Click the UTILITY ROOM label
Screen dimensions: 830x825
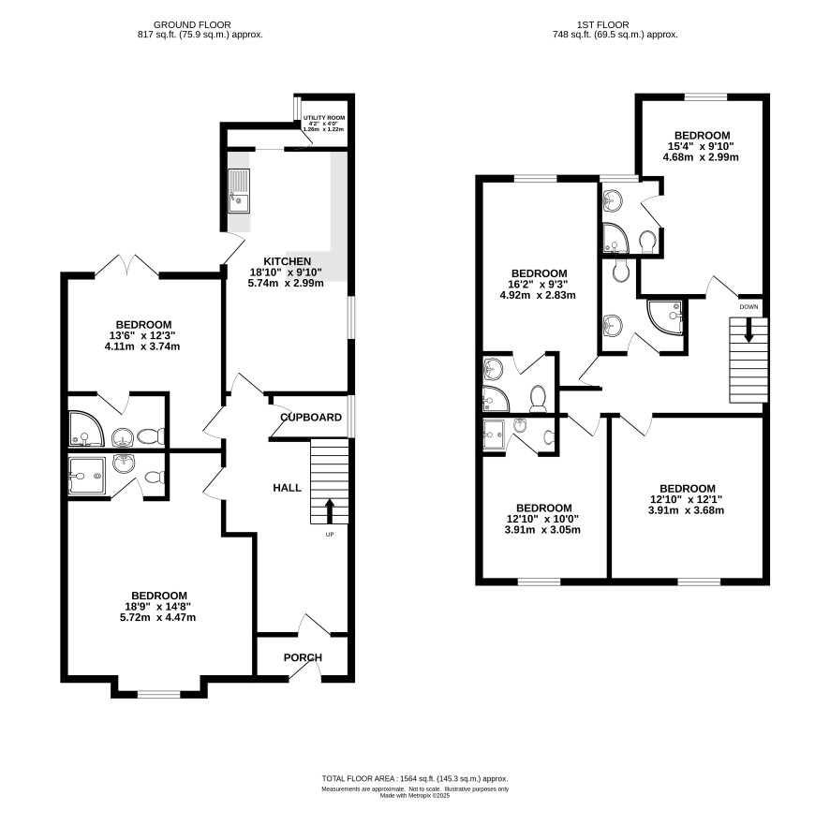click(x=324, y=117)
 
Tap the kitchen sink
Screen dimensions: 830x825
click(x=239, y=191)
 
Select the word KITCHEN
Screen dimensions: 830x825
click(x=288, y=261)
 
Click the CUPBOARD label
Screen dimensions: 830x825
click(x=311, y=418)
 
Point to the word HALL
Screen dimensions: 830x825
click(x=287, y=488)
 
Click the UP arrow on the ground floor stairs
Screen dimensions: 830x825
click(x=329, y=511)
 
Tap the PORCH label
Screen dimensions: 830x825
click(x=303, y=657)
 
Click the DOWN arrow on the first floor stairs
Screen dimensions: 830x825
click(x=748, y=331)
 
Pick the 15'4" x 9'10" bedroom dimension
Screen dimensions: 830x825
click(x=702, y=146)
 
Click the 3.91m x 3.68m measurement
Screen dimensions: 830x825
click(x=686, y=510)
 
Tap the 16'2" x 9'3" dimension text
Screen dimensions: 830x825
click(x=539, y=284)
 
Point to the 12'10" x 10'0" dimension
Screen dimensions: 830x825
click(x=542, y=519)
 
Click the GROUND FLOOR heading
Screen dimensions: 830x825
click(x=192, y=25)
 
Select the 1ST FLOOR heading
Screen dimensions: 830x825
click(x=603, y=25)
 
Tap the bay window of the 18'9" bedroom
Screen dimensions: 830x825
click(x=159, y=693)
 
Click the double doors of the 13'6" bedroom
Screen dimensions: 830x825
click(x=127, y=266)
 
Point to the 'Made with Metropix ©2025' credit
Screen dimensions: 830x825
click(x=415, y=795)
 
